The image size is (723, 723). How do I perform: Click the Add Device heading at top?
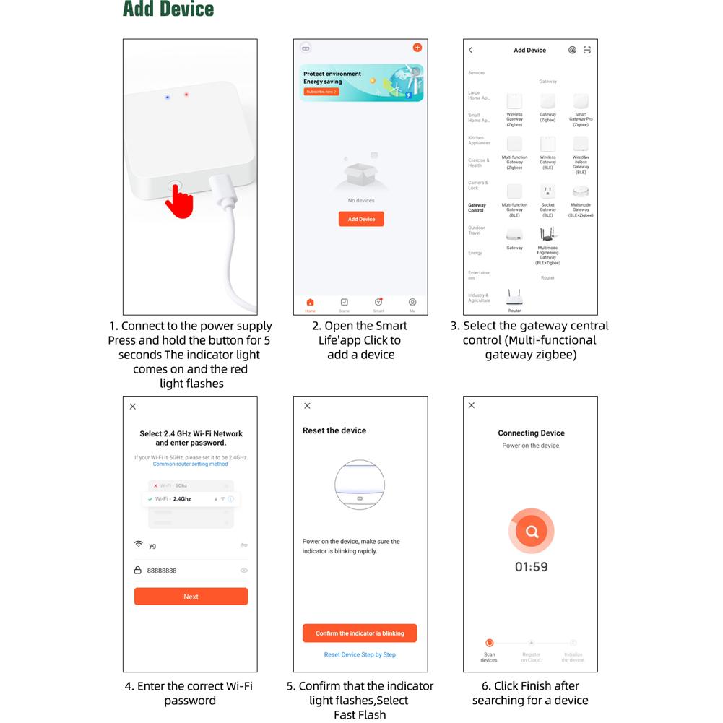tap(168, 9)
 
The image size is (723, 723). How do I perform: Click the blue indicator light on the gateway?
tap(168, 97)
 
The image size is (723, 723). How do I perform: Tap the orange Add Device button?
tap(361, 219)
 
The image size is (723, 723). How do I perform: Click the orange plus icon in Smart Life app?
tap(417, 48)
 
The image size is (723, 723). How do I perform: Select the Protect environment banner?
tap(361, 82)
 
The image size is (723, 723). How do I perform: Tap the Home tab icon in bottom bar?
tap(310, 303)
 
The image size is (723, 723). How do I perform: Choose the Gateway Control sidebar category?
tap(477, 207)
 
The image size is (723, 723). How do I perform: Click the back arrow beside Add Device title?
tap(471, 50)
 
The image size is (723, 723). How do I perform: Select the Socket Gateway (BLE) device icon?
tap(547, 191)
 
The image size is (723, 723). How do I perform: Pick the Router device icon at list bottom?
tap(514, 297)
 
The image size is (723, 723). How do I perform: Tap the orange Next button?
tap(191, 597)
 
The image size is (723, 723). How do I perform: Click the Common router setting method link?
tap(190, 464)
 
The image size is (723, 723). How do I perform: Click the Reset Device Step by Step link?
tap(360, 655)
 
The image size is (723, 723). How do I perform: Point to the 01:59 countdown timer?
tap(531, 567)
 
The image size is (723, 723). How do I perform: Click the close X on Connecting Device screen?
tap(472, 405)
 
